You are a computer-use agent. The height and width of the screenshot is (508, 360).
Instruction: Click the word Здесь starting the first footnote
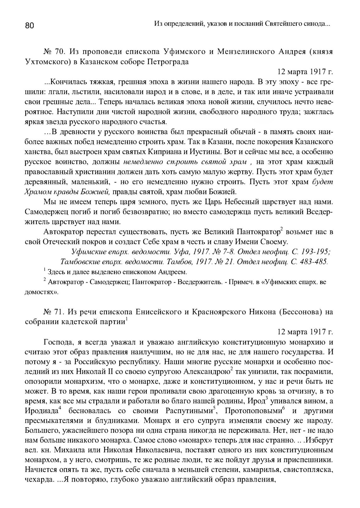tap(55, 272)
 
